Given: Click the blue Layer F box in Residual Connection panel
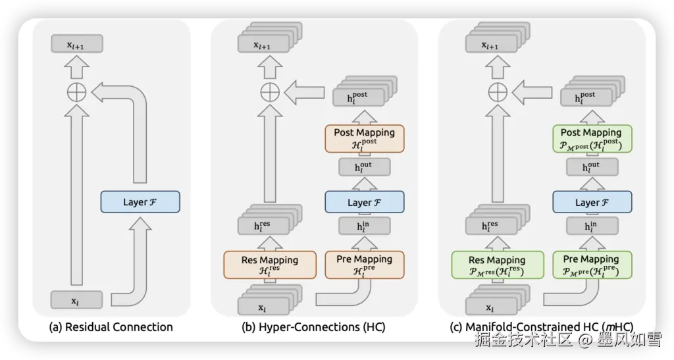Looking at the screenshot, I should (140, 201).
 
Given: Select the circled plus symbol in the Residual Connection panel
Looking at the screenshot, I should (78, 92).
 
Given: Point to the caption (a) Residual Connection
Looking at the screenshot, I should (111, 326).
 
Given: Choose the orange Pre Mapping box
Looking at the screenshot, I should (364, 265).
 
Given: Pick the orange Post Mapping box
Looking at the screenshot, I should (364, 138).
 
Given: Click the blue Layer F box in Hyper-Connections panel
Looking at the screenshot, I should (364, 202).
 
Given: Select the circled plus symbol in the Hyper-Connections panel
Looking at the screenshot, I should (269, 91).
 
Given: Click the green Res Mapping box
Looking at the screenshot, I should (497, 265).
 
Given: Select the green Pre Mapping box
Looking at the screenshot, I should (591, 265).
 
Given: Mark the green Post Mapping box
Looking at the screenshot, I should (591, 138).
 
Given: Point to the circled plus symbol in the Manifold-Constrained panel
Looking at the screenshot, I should (496, 91).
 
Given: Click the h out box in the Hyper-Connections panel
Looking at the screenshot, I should (364, 167).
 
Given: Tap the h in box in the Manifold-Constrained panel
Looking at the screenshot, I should (591, 226).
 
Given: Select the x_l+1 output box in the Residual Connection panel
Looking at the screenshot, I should (78, 44).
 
